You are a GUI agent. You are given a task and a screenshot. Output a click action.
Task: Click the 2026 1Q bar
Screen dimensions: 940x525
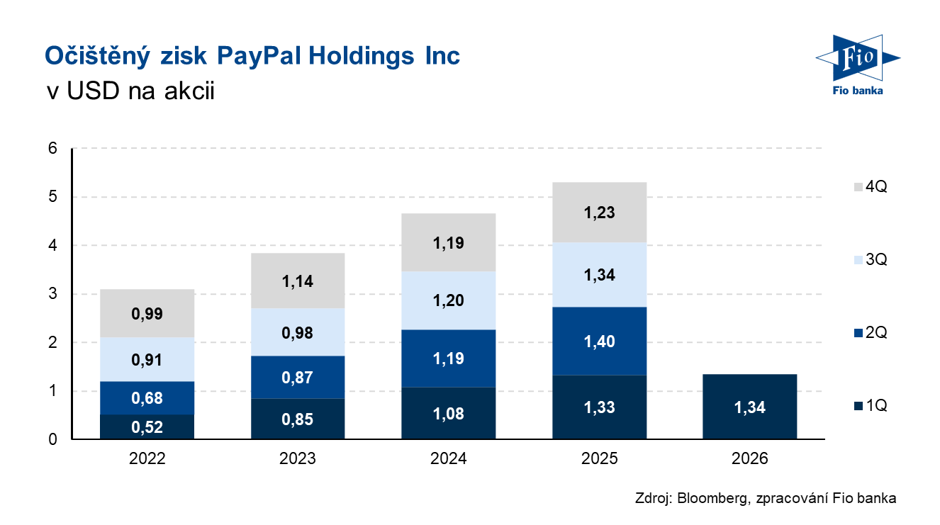[749, 407]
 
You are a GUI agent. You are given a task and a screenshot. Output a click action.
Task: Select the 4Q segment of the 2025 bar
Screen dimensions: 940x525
[599, 212]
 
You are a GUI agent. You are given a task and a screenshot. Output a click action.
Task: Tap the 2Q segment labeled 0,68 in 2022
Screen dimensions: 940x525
[147, 398]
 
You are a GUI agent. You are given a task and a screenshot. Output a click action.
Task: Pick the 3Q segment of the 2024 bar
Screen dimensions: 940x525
[448, 300]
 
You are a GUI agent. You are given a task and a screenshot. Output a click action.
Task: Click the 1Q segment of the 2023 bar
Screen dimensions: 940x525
[298, 419]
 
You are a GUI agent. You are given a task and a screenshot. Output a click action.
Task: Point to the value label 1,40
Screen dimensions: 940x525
[599, 341]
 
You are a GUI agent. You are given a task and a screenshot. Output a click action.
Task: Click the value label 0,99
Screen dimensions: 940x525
[147, 314]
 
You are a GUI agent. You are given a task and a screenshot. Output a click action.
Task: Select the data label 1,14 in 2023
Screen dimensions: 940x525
[298, 281]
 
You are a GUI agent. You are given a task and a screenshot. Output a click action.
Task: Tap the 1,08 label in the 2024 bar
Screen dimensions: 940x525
[448, 414]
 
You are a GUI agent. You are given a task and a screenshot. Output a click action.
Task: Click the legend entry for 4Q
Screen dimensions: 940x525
[871, 186]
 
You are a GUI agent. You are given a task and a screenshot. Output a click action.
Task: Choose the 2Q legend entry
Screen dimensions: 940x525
[871, 332]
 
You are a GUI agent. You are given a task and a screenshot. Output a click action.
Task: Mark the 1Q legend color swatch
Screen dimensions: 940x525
[858, 406]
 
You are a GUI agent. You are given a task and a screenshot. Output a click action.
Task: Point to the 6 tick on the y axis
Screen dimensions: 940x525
[52, 148]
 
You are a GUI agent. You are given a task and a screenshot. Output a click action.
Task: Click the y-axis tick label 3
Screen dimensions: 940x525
[52, 293]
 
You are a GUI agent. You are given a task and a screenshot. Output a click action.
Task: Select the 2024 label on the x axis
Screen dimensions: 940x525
[448, 458]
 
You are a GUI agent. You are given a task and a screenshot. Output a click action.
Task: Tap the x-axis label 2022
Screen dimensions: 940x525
[147, 458]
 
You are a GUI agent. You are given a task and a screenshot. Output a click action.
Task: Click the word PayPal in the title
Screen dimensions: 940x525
[259, 57]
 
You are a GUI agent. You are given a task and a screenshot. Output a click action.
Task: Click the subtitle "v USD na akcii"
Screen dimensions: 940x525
[130, 91]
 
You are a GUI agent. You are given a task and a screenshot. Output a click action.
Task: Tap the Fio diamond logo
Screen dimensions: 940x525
[857, 57]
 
